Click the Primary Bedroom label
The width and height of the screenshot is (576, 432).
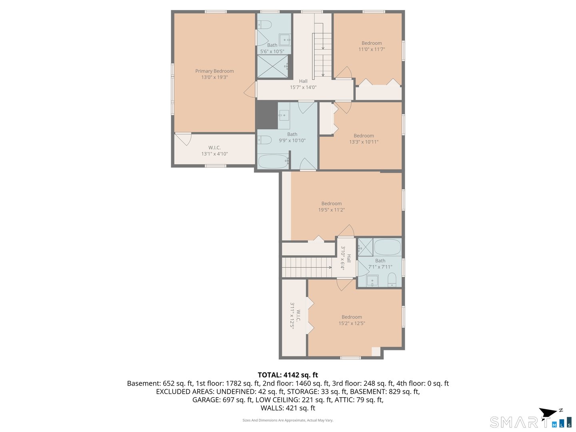point(214,71)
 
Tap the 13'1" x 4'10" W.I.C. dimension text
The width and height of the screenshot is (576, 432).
point(214,154)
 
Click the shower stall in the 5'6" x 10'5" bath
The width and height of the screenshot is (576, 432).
point(272,66)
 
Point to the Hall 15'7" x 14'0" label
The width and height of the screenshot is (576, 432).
point(303,84)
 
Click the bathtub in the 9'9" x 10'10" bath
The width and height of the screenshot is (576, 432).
point(273,162)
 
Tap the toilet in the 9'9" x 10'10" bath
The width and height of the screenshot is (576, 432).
point(265,140)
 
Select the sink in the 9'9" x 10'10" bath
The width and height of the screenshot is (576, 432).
point(284,115)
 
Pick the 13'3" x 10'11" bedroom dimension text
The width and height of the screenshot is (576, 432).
point(364,142)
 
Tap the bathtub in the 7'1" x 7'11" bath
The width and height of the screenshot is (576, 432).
point(387,247)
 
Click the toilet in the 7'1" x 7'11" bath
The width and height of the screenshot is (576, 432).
point(392,280)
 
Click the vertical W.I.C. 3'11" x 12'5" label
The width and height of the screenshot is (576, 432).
point(295,316)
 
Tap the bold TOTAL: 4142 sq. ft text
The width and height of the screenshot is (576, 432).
point(288,375)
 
